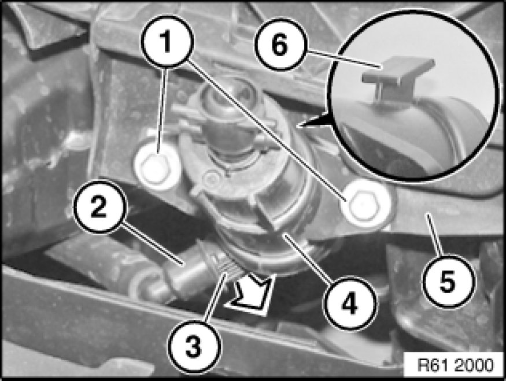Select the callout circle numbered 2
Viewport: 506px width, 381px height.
(100, 207)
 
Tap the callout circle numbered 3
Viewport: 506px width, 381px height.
(195, 347)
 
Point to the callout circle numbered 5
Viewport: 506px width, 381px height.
(449, 281)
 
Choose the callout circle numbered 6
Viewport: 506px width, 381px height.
(279, 44)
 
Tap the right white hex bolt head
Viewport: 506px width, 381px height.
(363, 203)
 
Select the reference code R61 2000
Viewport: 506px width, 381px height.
(455, 365)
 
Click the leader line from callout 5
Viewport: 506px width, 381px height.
(435, 235)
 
